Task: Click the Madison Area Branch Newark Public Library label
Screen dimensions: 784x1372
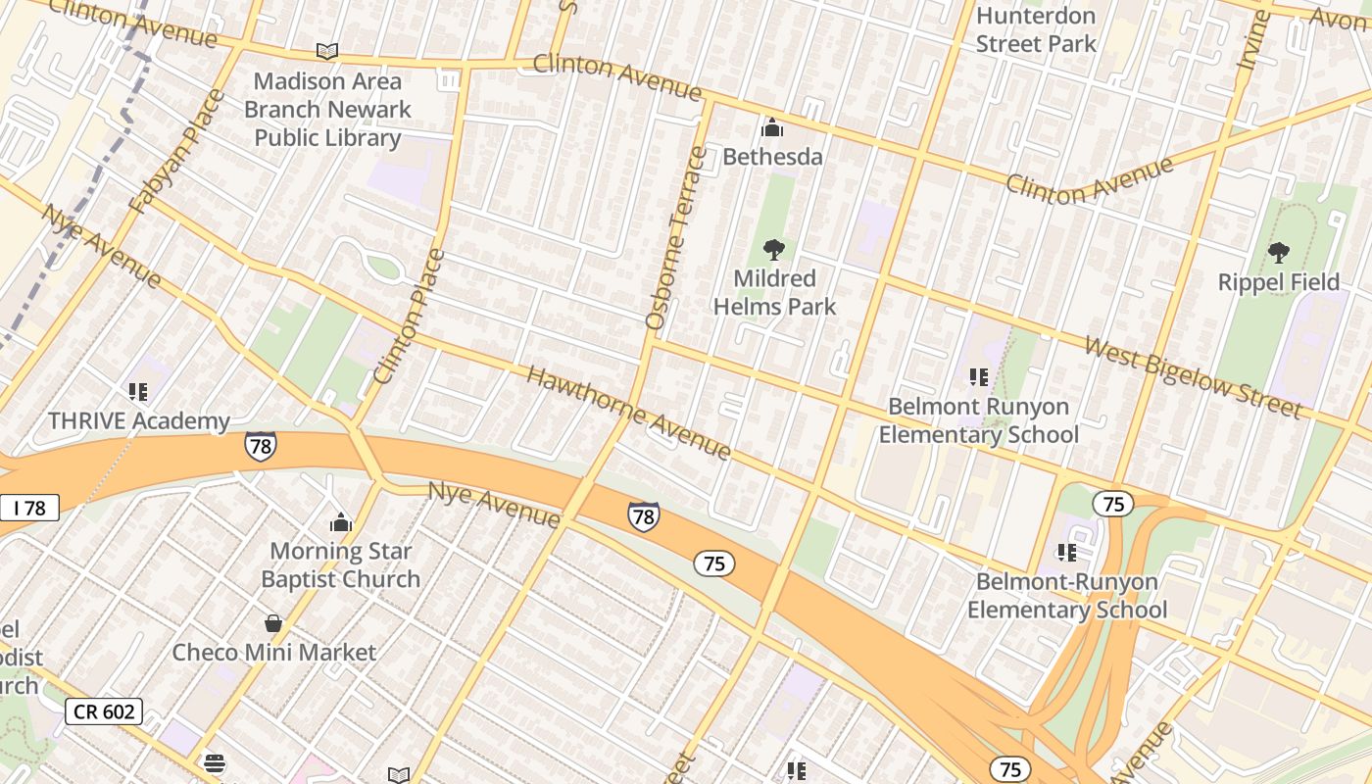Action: [327, 109]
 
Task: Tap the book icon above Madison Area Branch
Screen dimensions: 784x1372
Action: [327, 51]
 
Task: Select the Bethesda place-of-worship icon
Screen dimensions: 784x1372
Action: [772, 127]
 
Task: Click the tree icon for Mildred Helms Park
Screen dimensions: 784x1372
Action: [774, 250]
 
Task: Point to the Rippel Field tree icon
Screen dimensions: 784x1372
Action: [1278, 253]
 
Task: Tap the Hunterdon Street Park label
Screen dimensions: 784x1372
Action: [1036, 29]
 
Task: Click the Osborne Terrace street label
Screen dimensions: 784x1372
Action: [675, 237]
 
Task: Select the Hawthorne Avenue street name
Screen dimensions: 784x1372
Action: [628, 413]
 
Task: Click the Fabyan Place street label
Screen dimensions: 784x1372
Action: [177, 150]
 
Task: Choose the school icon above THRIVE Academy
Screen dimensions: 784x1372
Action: [138, 392]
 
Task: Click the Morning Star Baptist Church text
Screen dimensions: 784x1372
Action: [340, 564]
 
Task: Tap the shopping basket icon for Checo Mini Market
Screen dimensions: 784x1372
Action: [273, 623]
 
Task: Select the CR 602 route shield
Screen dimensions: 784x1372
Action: [104, 711]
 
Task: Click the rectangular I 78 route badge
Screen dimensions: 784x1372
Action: [29, 508]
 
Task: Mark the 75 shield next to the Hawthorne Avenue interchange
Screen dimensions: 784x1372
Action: [1112, 505]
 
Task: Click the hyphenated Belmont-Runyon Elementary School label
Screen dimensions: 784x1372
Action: [1066, 596]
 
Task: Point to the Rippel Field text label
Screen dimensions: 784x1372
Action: [1278, 282]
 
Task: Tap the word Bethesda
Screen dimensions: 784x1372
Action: [772, 157]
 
